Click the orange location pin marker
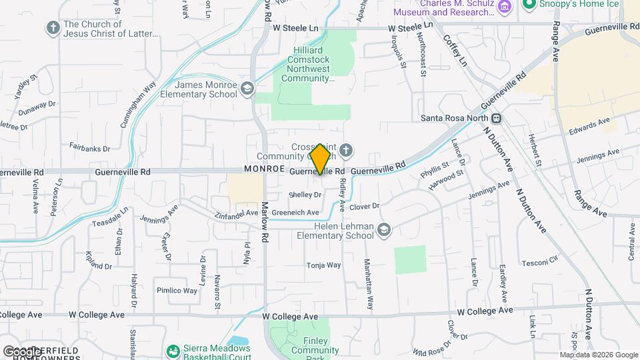coord(321,159)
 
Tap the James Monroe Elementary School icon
coord(247,89)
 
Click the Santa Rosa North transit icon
coord(497,118)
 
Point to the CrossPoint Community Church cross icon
coord(345,151)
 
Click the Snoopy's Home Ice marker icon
coord(529,5)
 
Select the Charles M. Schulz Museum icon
coord(505,7)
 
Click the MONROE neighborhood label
coord(265,169)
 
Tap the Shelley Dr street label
coord(305,195)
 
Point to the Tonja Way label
coord(323,265)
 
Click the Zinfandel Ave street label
coord(237,213)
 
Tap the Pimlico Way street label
coord(177,291)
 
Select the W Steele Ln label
coord(296,28)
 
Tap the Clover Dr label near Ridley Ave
coord(364,207)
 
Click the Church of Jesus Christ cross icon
coord(53,28)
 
